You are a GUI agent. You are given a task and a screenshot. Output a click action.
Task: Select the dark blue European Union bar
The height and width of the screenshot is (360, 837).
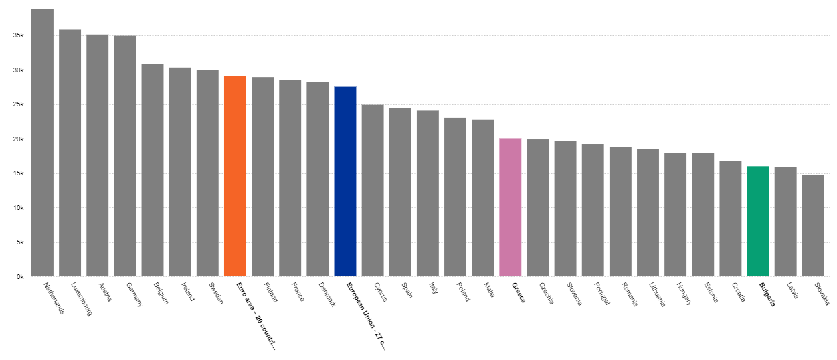tap(345, 181)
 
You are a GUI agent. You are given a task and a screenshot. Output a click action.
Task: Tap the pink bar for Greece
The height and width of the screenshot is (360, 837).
tap(510, 207)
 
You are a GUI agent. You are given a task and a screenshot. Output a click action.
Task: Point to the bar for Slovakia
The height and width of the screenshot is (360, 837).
tap(812, 226)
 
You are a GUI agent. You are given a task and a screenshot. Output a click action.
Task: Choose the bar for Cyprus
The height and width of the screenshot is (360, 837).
tap(372, 191)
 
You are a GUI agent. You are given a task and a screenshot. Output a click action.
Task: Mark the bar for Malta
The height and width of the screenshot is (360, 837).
tap(482, 197)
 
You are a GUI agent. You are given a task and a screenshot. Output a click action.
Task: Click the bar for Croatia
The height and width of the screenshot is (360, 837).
tap(730, 218)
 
